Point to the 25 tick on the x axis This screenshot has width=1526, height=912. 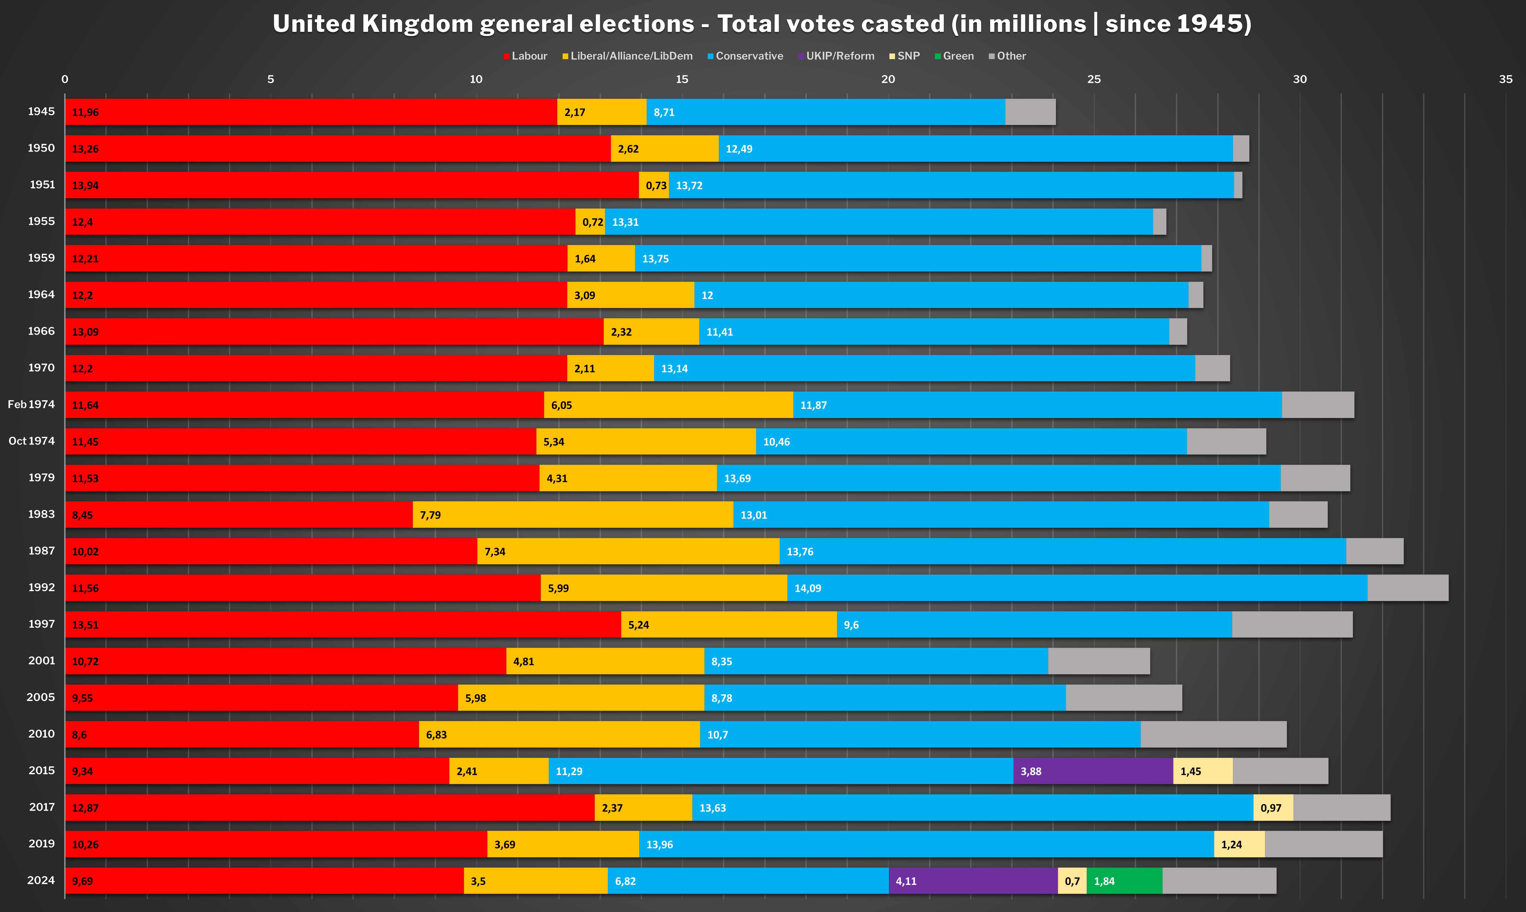click(1094, 79)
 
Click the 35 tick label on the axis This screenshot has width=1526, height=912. click(1505, 79)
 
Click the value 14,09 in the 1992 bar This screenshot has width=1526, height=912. click(807, 588)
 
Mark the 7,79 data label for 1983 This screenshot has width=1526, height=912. click(430, 515)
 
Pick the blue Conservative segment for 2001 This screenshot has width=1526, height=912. click(876, 661)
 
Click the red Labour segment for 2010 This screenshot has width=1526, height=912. click(241, 734)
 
